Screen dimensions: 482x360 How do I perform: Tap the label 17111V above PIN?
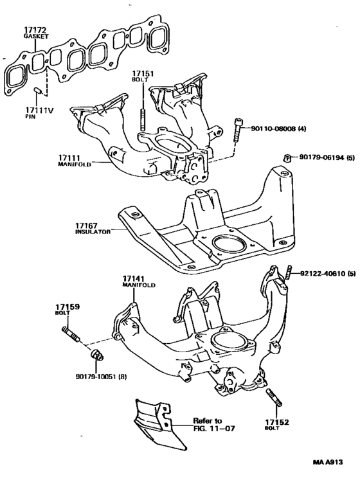pos(39,111)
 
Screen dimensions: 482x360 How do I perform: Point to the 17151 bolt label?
pos(141,73)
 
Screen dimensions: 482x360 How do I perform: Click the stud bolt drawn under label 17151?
pos(141,120)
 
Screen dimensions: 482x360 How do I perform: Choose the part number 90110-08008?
pos(274,129)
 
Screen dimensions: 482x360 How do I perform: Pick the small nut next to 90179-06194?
pos(287,157)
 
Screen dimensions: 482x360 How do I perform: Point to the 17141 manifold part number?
pos(134,279)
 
